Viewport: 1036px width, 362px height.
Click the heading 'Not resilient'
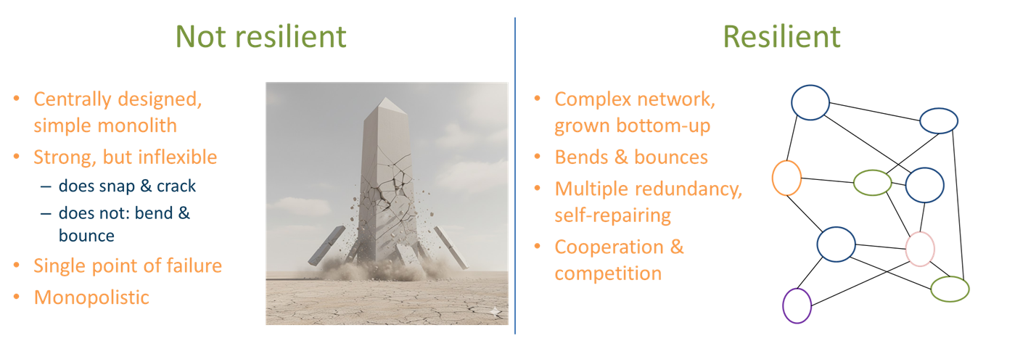pyautogui.click(x=261, y=36)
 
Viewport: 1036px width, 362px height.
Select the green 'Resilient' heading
pyautogui.click(x=781, y=36)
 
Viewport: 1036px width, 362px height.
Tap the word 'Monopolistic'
pyautogui.click(x=91, y=297)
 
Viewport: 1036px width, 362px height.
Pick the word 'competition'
pyautogui.click(x=608, y=273)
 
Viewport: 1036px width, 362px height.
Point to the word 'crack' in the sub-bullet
pyautogui.click(x=176, y=186)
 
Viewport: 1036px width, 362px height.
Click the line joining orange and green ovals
pyautogui.click(x=827, y=181)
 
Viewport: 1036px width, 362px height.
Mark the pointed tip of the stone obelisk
pyautogui.click(x=386, y=97)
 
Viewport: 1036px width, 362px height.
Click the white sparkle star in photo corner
pyautogui.click(x=496, y=312)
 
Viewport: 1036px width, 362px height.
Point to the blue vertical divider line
pyautogui.click(x=515, y=176)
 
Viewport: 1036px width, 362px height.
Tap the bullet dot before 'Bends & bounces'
pyautogui.click(x=537, y=157)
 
